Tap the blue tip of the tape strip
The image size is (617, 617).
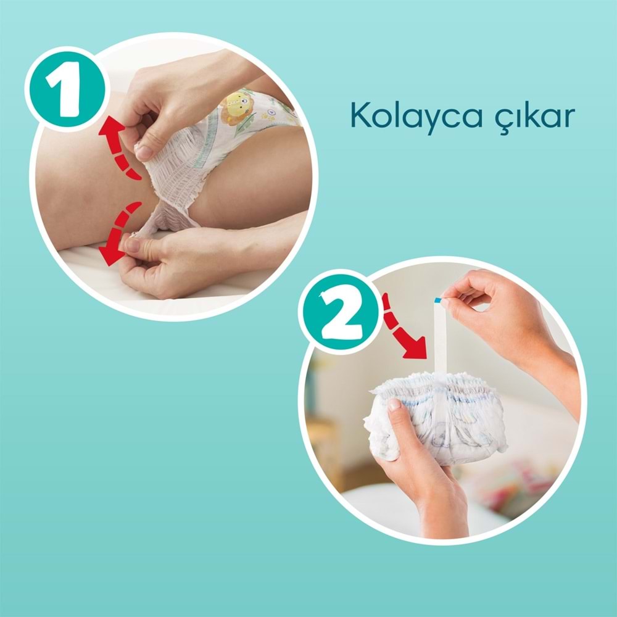click(438, 300)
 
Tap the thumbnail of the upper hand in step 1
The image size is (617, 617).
click(143, 151)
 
